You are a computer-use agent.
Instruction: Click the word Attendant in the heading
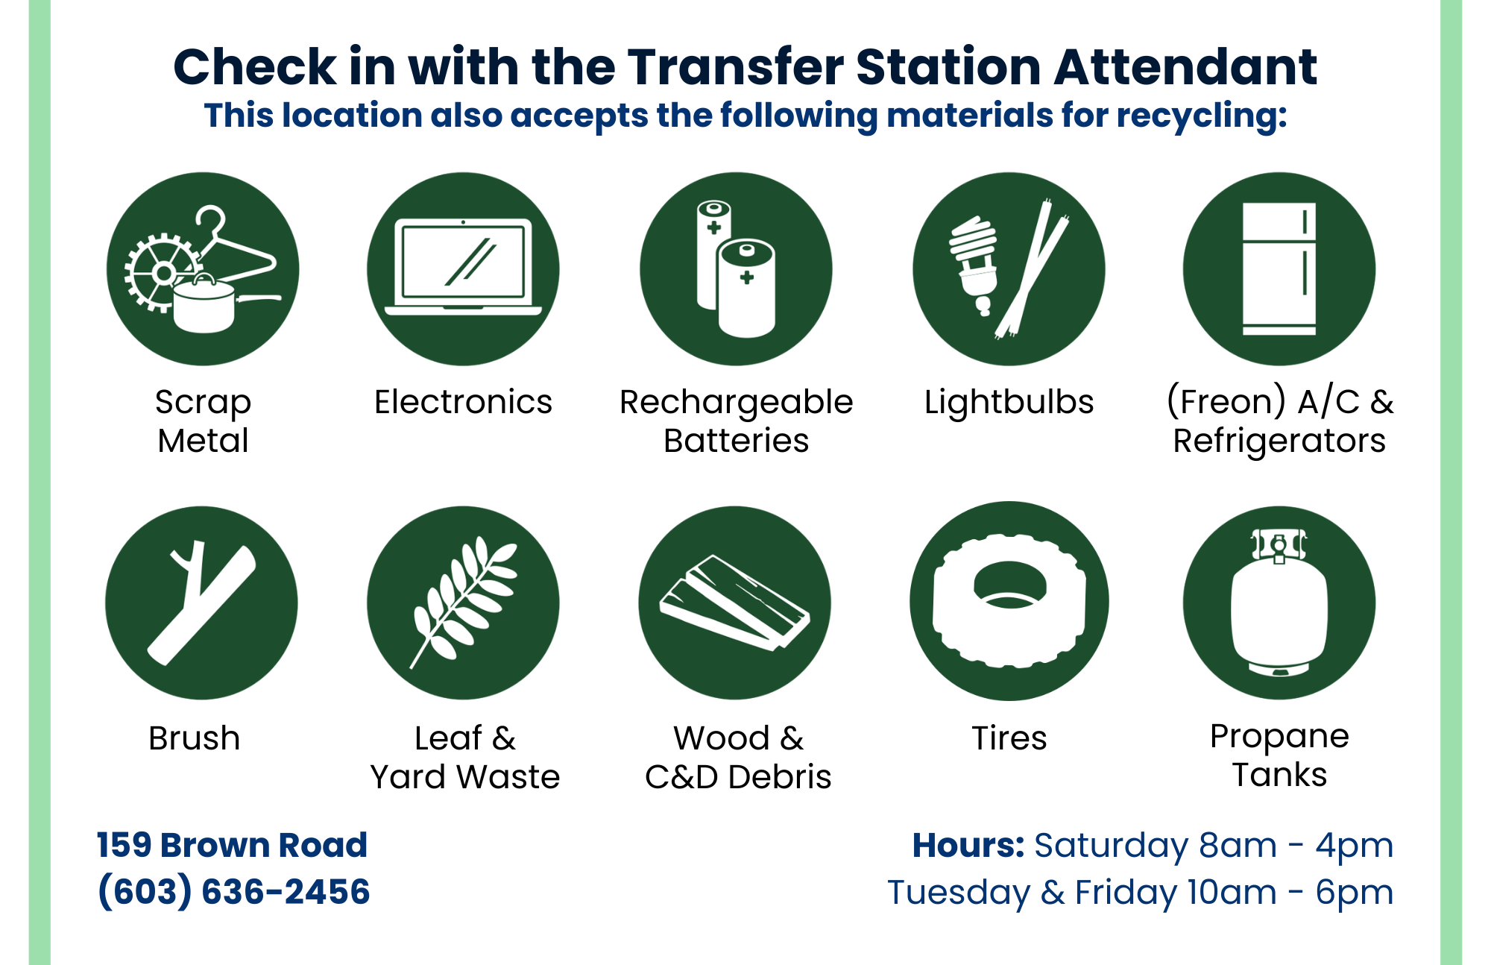coord(1185,67)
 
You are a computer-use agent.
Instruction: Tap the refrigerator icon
coord(1279,269)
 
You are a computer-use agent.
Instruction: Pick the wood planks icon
coord(734,603)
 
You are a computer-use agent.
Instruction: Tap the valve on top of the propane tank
coord(1279,545)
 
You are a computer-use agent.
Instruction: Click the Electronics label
coord(463,402)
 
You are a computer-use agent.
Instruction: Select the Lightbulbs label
coord(1009,403)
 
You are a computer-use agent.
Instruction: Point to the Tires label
coord(1009,738)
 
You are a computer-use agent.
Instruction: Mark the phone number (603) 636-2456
coord(233,892)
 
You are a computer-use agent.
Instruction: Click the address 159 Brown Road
coord(232,845)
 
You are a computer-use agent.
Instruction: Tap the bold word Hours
coord(968,846)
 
